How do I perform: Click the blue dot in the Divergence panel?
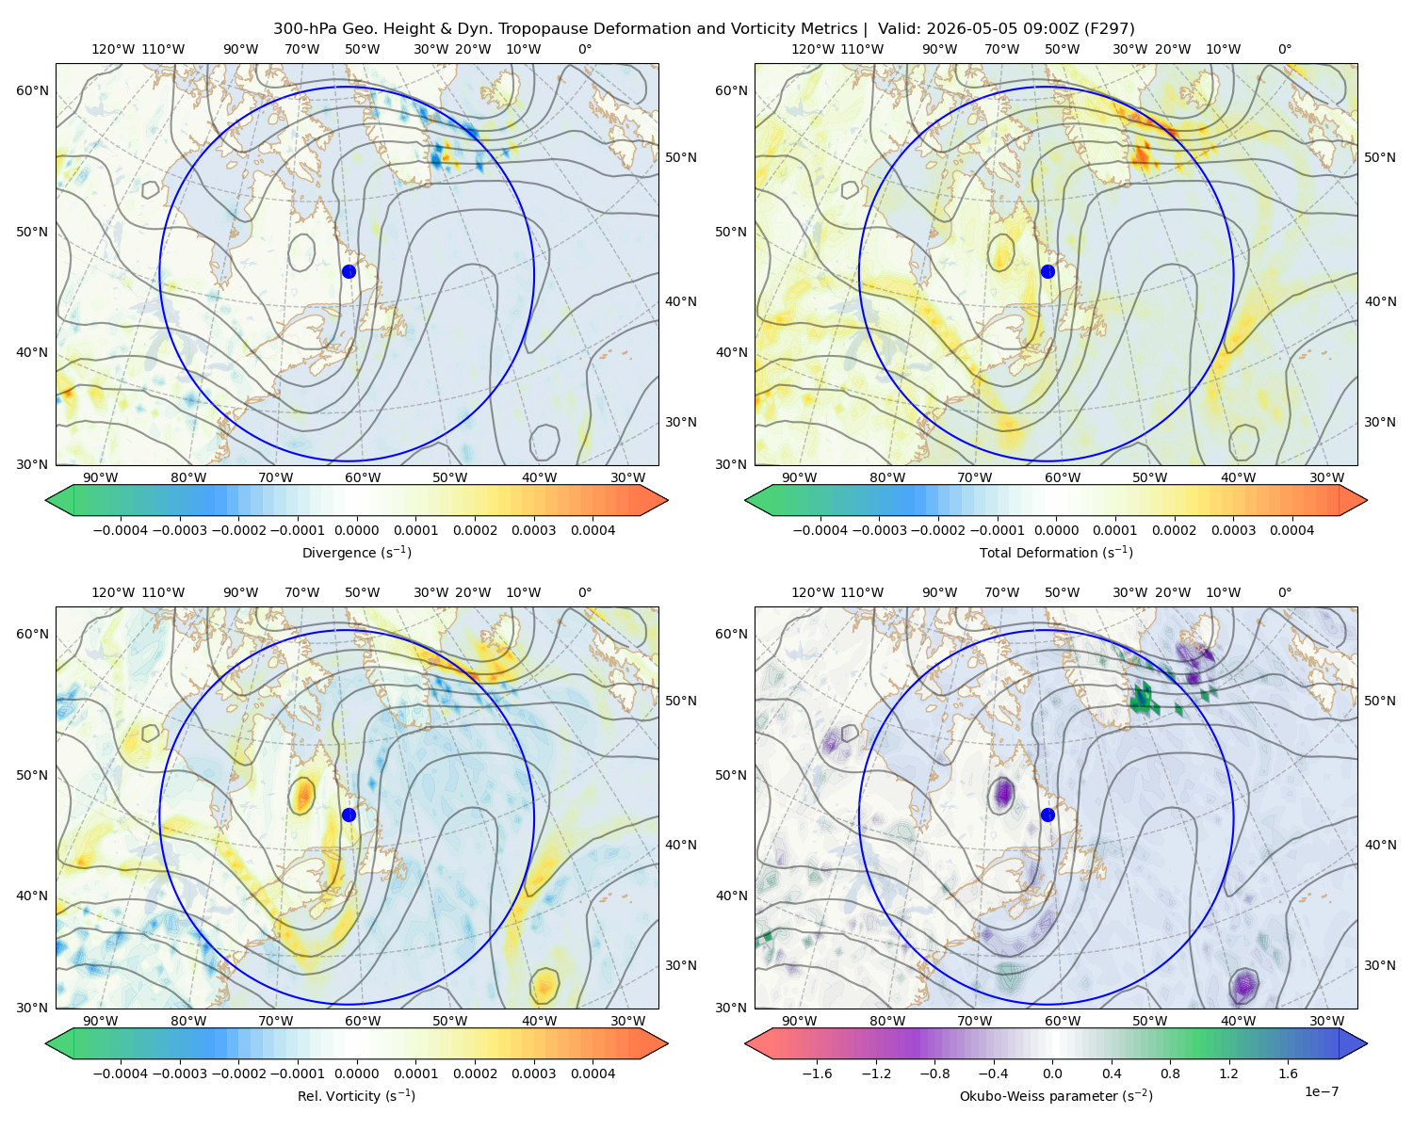tap(349, 271)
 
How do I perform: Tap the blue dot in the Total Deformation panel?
tap(1048, 271)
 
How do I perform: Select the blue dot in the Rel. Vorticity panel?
tap(349, 815)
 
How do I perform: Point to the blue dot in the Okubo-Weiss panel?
tap(1048, 815)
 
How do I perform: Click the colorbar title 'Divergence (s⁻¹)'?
tap(356, 552)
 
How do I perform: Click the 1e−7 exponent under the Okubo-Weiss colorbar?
tap(1321, 1091)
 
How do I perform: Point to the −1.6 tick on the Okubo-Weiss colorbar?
tap(817, 1073)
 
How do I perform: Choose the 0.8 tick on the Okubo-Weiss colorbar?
tap(1170, 1073)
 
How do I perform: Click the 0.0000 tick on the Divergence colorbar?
tap(356, 530)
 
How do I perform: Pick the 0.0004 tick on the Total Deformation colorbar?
tap(1292, 530)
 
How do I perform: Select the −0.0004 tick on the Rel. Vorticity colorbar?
tap(121, 1073)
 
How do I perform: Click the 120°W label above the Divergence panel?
tap(113, 49)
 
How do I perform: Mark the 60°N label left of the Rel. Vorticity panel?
tap(32, 634)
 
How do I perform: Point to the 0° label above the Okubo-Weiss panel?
tap(1284, 592)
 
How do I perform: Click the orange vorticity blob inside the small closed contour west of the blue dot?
tap(302, 796)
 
